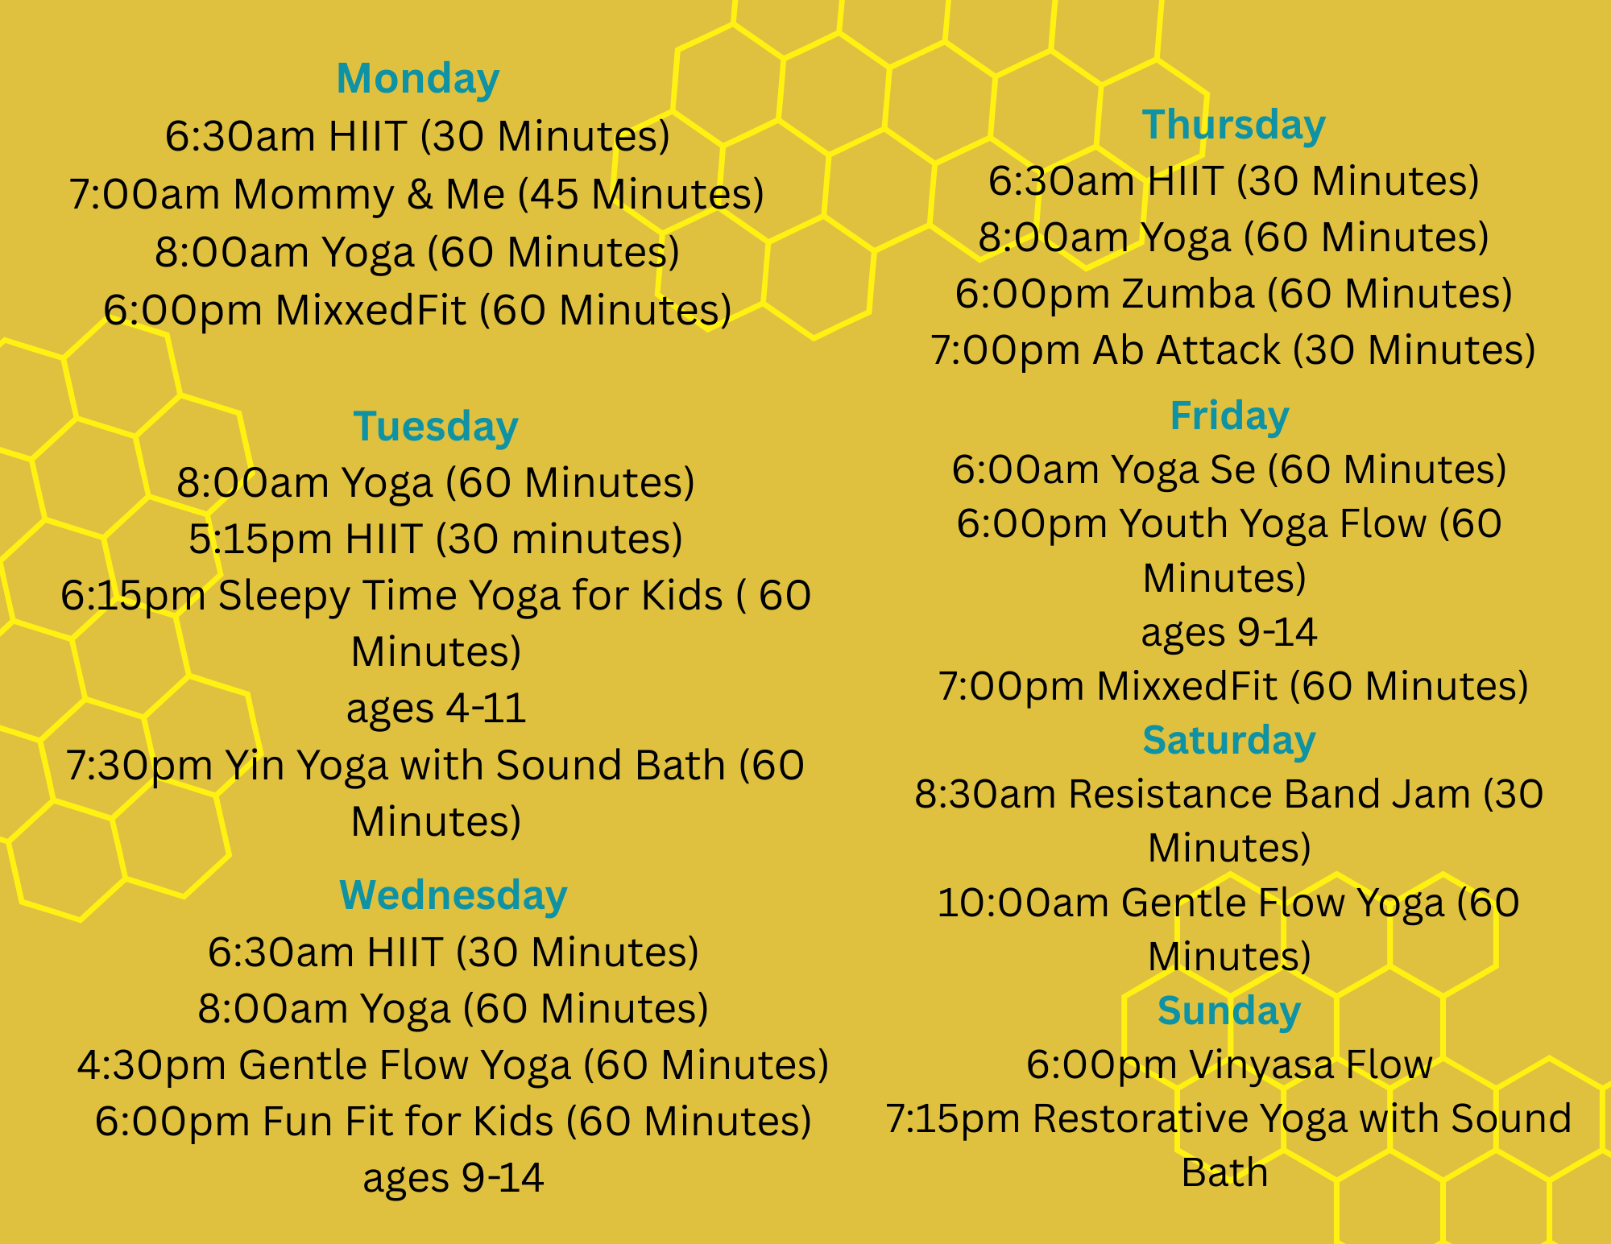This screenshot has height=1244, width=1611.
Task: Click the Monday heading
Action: pos(417,79)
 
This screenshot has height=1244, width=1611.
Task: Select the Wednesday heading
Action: pos(453,895)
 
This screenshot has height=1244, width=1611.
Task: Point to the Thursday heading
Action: pos(1233,125)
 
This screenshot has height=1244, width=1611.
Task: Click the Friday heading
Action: pos(1229,415)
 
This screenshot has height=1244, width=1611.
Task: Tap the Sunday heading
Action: pos(1229,1010)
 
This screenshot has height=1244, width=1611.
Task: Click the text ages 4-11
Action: pos(436,709)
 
